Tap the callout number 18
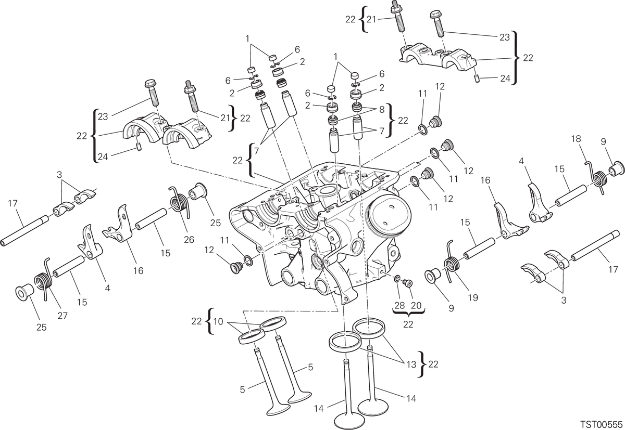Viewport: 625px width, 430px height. pos(576,139)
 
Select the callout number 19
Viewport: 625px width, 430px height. pos(473,297)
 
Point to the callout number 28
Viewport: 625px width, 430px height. pos(399,305)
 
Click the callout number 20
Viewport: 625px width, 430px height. pos(416,305)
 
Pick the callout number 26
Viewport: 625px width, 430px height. pos(189,239)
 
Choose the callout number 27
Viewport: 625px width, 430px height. pos(63,316)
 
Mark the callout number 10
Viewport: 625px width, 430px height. pos(218,321)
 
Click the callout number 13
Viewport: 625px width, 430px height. pos(411,364)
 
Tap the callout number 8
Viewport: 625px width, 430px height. pos(382,109)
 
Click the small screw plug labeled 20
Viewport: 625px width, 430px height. pos(408,283)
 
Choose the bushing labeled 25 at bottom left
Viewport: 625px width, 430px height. pos(24,293)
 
